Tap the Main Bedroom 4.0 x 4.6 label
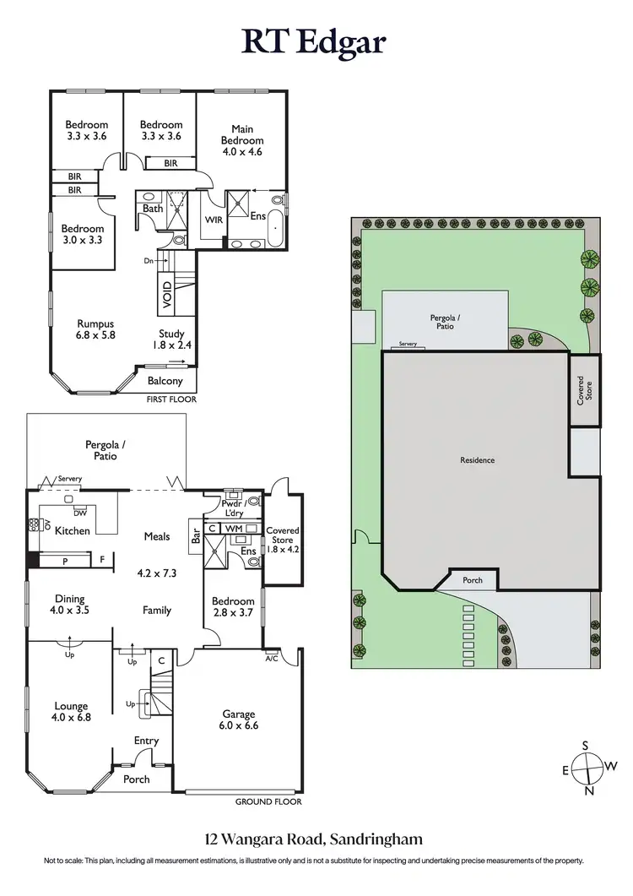pos(242,140)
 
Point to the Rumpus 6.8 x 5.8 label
pos(95,329)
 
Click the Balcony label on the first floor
pos(165,381)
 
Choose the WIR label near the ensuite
pos(213,219)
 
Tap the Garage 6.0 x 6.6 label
pos(238,718)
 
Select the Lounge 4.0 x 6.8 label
pos(72,712)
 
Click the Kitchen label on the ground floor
pos(73,531)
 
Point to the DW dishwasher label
pos(80,512)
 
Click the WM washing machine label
pos(234,528)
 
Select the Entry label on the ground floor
pos(146,741)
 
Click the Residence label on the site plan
pos(477,460)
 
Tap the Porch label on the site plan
pos(472,581)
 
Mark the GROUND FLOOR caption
pos(268,802)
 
